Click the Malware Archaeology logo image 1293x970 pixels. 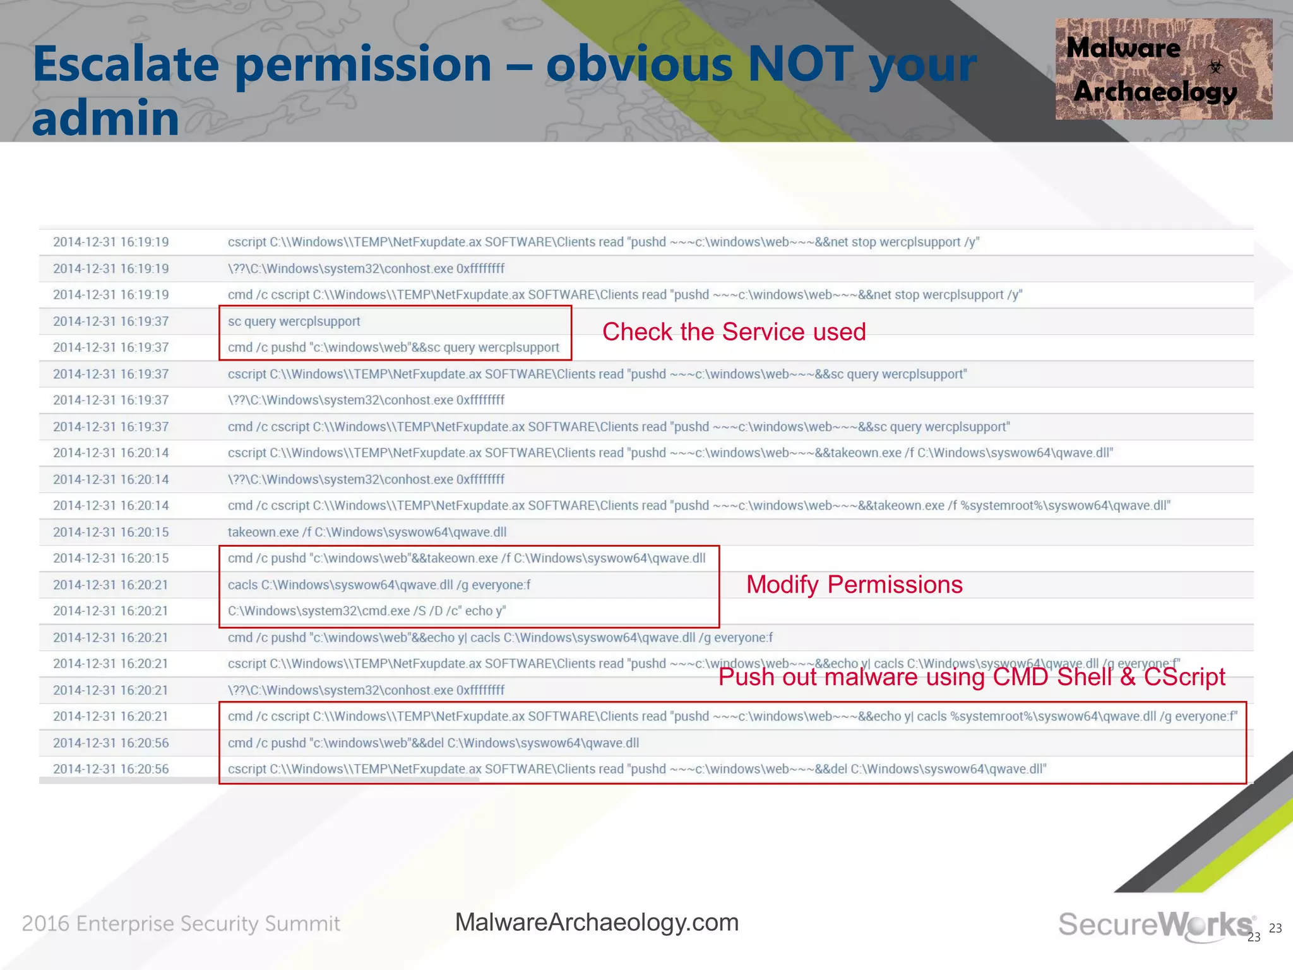[x=1163, y=69]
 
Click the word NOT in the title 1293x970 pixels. [x=801, y=64]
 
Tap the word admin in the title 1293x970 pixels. [x=105, y=118]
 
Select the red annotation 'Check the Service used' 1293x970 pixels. [x=734, y=332]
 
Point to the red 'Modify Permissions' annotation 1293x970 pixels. [x=854, y=585]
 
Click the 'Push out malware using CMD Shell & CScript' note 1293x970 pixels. [x=972, y=677]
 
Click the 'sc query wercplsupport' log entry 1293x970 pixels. [x=294, y=321]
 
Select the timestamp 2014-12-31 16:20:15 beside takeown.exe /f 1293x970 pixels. [x=110, y=532]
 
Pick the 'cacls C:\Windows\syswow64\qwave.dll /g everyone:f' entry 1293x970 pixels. [x=379, y=585]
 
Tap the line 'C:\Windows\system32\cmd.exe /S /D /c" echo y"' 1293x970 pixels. [x=367, y=611]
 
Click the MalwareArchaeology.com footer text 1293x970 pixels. [x=597, y=923]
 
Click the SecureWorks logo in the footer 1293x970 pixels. [x=1156, y=925]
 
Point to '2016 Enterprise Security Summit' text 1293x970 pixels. [x=181, y=924]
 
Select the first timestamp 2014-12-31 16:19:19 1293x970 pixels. [x=110, y=242]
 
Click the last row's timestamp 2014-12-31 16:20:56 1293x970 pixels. [x=110, y=769]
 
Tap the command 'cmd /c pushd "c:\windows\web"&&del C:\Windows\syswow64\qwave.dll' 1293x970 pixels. [x=433, y=743]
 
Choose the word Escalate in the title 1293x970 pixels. [x=126, y=64]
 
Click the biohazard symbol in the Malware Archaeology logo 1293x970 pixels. [x=1215, y=66]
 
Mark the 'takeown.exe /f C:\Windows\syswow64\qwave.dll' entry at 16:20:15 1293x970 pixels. [x=367, y=532]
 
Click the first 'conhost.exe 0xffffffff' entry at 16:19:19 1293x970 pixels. [x=366, y=268]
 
